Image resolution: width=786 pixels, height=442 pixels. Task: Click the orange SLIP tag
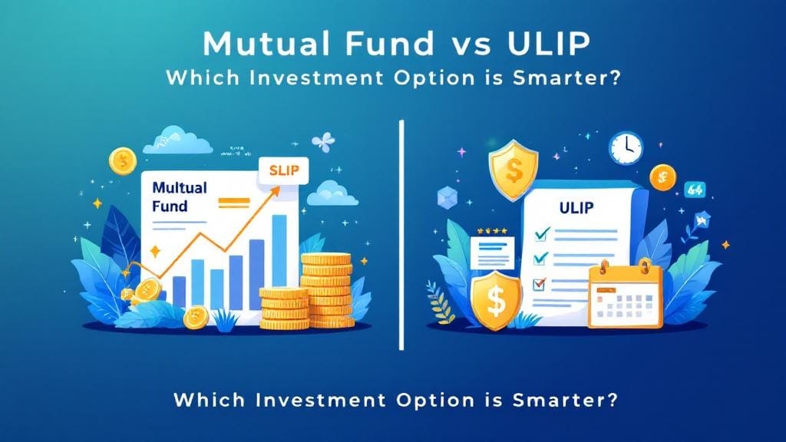point(282,170)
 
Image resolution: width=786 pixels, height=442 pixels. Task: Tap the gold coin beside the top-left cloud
point(123,161)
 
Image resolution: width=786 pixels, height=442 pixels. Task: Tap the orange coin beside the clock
point(662,176)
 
